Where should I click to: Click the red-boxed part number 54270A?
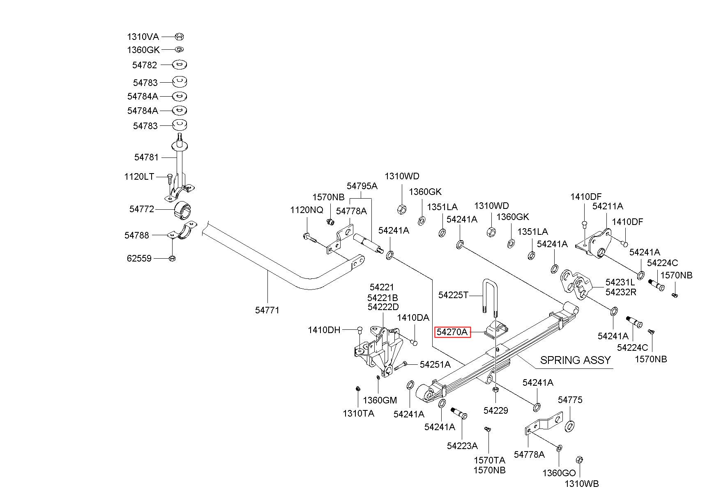click(x=452, y=332)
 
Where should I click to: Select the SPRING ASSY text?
click(x=575, y=360)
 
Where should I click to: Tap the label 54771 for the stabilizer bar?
click(x=267, y=310)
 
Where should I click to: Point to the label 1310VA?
click(x=143, y=37)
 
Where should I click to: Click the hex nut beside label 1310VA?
click(x=179, y=37)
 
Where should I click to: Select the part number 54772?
click(x=142, y=209)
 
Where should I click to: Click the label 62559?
click(x=139, y=258)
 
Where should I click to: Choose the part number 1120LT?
click(x=139, y=177)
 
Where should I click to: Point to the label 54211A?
click(x=608, y=206)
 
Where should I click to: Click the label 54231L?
click(x=620, y=283)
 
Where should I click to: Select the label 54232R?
click(x=621, y=292)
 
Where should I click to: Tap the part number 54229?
click(x=496, y=410)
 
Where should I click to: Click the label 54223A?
click(x=462, y=446)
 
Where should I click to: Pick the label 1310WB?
click(x=582, y=484)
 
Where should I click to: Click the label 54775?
click(x=570, y=400)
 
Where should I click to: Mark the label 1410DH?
click(x=324, y=330)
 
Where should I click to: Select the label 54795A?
click(x=362, y=186)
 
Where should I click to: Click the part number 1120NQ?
click(x=307, y=210)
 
